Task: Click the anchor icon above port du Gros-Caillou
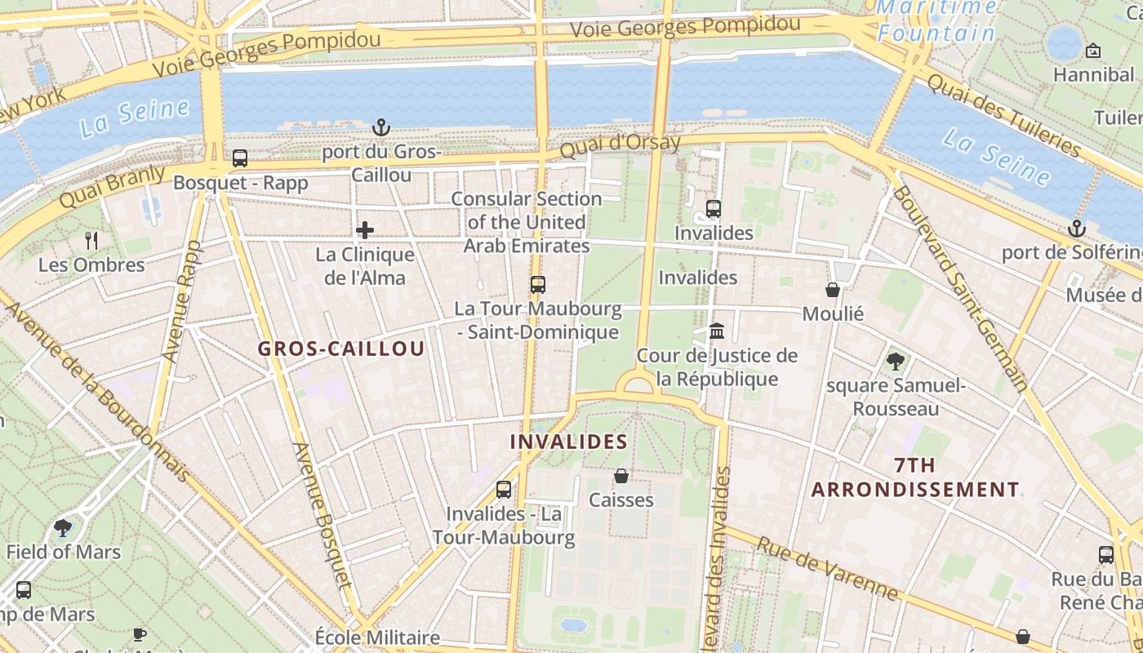[381, 127]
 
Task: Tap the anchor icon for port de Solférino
[1077, 229]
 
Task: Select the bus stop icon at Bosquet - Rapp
[240, 158]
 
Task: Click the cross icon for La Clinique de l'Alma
[365, 230]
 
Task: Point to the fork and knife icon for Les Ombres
[91, 241]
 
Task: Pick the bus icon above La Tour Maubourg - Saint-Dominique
[537, 285]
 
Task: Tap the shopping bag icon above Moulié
[833, 290]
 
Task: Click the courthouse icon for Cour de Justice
[717, 331]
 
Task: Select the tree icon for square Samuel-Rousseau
[896, 361]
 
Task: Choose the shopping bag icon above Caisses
[621, 476]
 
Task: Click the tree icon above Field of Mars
[63, 528]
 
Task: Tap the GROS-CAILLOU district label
[341, 349]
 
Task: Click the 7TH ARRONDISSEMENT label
[915, 478]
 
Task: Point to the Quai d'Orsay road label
[620, 148]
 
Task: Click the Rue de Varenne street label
[826, 568]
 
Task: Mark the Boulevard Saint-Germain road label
[959, 288]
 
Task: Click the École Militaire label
[377, 637]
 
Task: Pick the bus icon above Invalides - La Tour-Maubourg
[504, 490]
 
